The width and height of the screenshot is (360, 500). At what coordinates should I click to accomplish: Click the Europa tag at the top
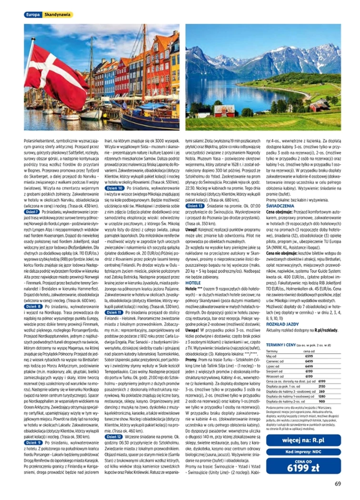(32, 15)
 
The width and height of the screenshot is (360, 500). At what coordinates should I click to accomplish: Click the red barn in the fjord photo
(320, 106)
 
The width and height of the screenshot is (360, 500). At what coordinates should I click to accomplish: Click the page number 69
(337, 484)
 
